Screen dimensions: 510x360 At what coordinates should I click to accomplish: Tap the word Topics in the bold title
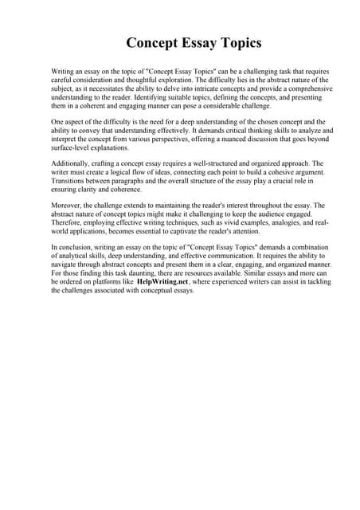click(x=237, y=42)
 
